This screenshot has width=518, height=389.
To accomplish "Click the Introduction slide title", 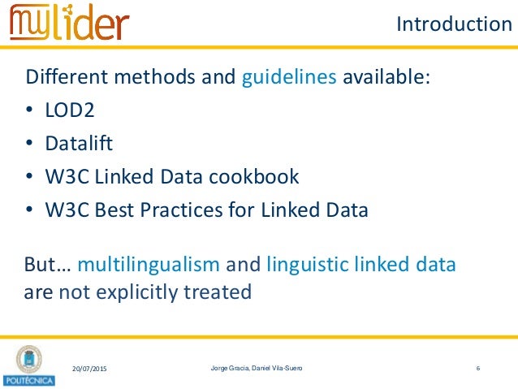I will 454,25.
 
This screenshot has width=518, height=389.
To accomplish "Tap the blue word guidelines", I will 290,79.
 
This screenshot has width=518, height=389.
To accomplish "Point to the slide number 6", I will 478,370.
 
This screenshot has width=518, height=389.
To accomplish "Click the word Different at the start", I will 63,79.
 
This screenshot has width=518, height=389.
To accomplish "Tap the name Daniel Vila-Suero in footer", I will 283,370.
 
